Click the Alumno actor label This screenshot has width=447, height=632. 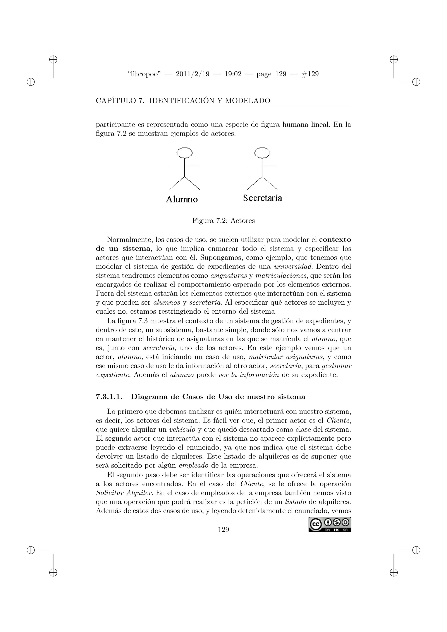coord(182,199)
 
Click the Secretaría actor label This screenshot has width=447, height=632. coord(262,198)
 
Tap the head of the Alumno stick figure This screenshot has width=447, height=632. coord(184,153)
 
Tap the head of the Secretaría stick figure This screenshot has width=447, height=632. coord(262,153)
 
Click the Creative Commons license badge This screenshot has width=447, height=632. coord(330,525)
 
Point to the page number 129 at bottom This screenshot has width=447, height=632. coord(223,529)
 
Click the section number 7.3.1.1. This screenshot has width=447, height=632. coord(109,397)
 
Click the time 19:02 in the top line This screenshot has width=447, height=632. coord(233,74)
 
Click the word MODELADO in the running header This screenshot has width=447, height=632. coord(248,101)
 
